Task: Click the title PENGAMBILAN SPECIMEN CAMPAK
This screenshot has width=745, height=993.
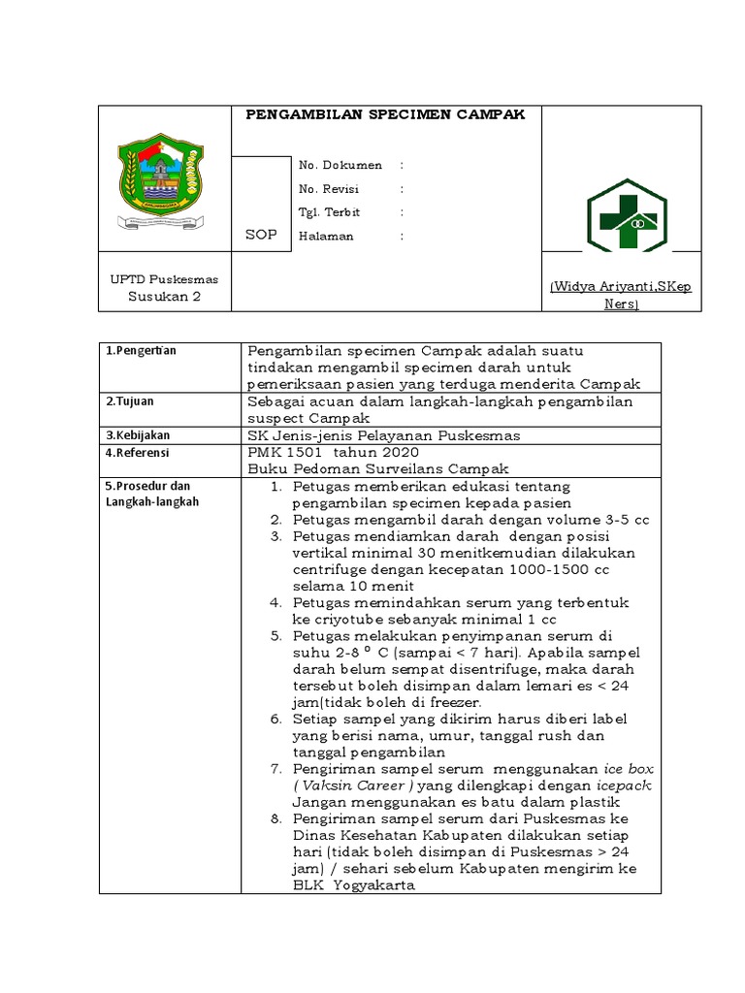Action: tap(385, 114)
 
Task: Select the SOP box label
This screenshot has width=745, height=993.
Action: tap(260, 235)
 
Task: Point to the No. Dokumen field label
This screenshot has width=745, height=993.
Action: tap(340, 166)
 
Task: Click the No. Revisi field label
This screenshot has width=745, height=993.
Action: tap(329, 189)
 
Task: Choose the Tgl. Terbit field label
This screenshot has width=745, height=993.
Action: tap(329, 212)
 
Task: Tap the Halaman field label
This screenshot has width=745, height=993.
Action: tap(326, 236)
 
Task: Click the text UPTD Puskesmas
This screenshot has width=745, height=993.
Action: tap(164, 279)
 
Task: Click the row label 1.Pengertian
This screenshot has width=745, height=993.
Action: tap(142, 351)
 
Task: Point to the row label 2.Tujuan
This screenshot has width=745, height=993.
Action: tap(130, 400)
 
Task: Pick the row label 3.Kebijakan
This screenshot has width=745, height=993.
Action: tap(137, 435)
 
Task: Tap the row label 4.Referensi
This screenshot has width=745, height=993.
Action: tap(138, 453)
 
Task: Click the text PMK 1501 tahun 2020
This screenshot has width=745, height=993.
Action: tap(334, 453)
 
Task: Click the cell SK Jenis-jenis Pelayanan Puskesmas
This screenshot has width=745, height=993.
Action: tap(384, 435)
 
